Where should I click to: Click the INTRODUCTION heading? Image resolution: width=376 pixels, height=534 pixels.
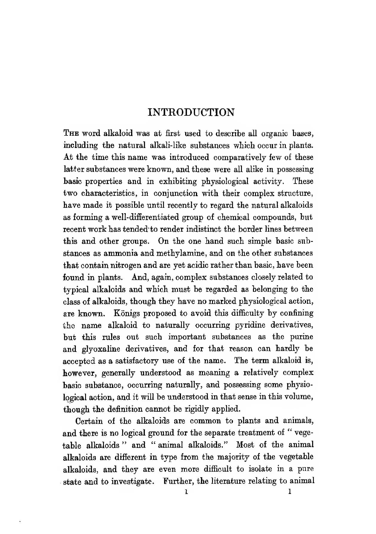point(191,112)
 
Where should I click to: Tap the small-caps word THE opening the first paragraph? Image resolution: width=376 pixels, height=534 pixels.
point(71,133)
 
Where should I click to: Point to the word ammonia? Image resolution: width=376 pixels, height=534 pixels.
point(121,253)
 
